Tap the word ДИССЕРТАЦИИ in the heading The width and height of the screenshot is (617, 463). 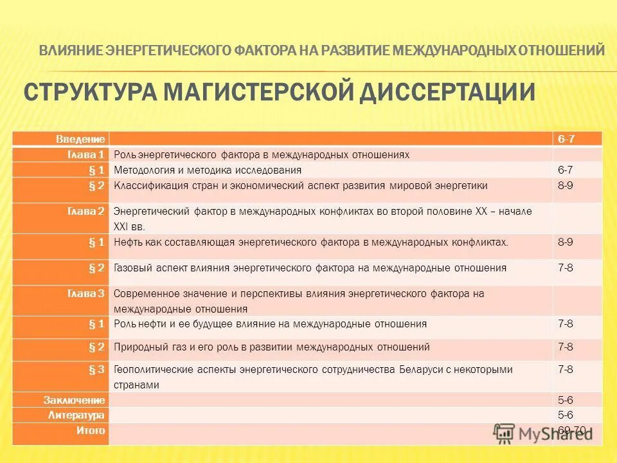click(x=446, y=91)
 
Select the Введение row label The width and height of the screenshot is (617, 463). click(x=89, y=139)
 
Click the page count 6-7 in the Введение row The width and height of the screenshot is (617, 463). click(x=566, y=139)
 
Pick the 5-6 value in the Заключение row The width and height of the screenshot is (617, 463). click(x=566, y=400)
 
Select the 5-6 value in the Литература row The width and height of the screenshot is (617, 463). click(x=566, y=415)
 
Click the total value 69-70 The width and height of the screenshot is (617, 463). click(x=571, y=430)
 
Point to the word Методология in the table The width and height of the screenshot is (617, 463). click(x=145, y=170)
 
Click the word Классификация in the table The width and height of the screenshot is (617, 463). click(x=148, y=185)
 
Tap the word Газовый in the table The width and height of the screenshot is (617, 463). click(x=132, y=268)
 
